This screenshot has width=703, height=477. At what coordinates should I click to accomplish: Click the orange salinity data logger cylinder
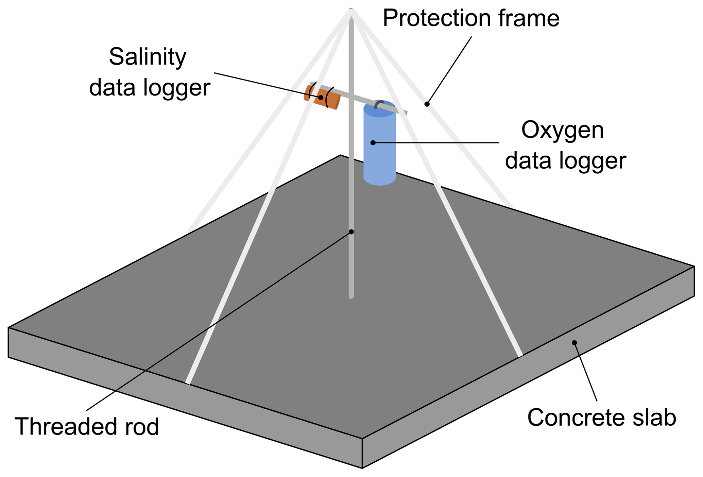322,97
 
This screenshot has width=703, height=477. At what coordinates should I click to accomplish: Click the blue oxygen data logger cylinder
379,150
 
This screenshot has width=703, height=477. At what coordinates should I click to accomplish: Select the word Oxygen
562,131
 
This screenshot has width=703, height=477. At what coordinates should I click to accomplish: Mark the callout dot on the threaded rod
351,232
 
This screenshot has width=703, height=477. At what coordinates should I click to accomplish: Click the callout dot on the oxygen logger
373,143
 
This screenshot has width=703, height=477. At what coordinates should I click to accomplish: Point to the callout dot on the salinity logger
321,97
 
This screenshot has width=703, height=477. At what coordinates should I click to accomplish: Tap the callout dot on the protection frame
427,104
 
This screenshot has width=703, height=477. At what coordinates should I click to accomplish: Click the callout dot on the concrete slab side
575,343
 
